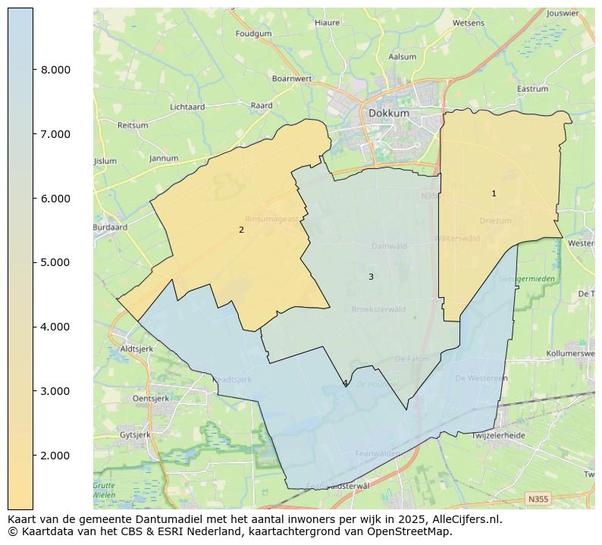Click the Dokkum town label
click(x=389, y=113)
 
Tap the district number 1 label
click(x=494, y=194)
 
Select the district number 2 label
click(x=241, y=230)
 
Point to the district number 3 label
click(x=371, y=277)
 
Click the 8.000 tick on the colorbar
click(x=55, y=70)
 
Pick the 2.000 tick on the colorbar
click(x=55, y=456)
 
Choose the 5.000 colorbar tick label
click(x=55, y=262)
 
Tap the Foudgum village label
click(x=253, y=34)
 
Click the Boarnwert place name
click(x=292, y=78)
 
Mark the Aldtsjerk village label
click(x=136, y=349)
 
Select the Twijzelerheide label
click(x=498, y=436)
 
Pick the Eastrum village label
click(x=532, y=89)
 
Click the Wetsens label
click(x=468, y=23)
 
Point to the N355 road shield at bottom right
click(x=538, y=499)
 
